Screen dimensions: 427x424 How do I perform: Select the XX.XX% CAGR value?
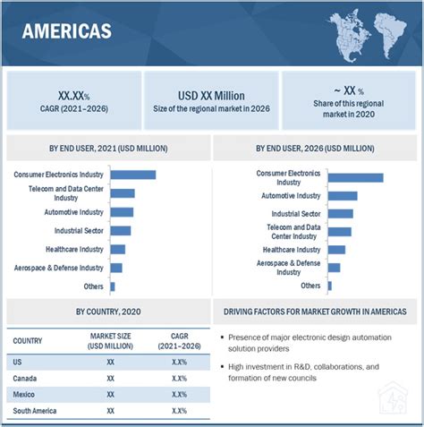73,92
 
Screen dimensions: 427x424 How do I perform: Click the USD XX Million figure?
211,92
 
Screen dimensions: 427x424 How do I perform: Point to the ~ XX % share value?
349,91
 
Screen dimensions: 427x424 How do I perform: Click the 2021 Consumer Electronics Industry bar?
132,175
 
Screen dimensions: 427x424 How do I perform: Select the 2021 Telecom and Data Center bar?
122,193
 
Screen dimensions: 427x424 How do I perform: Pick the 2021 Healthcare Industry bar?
117,249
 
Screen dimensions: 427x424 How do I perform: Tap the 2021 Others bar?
113,286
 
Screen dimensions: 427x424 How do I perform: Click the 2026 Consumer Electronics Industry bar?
355,177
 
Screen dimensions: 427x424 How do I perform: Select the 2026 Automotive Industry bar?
342,195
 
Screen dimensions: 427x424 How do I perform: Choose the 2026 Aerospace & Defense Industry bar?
334,268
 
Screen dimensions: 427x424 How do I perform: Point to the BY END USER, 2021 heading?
106,147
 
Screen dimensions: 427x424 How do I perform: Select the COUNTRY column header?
28,340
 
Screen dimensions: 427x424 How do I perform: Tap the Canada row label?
24,378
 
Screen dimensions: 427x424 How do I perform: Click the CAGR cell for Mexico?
178,394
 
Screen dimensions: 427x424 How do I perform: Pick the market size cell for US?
111,362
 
